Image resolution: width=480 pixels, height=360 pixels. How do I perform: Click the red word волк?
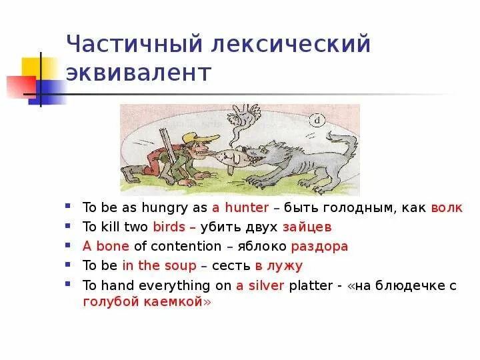coord(446,207)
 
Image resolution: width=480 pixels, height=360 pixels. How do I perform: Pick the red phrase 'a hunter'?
coord(240,207)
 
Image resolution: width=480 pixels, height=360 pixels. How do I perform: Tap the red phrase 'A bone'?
coord(106,246)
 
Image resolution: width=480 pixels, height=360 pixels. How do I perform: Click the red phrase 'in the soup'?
coord(159,265)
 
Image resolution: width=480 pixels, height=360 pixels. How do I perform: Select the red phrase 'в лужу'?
coord(278,265)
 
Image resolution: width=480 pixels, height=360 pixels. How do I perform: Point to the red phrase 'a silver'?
coord(260,285)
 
